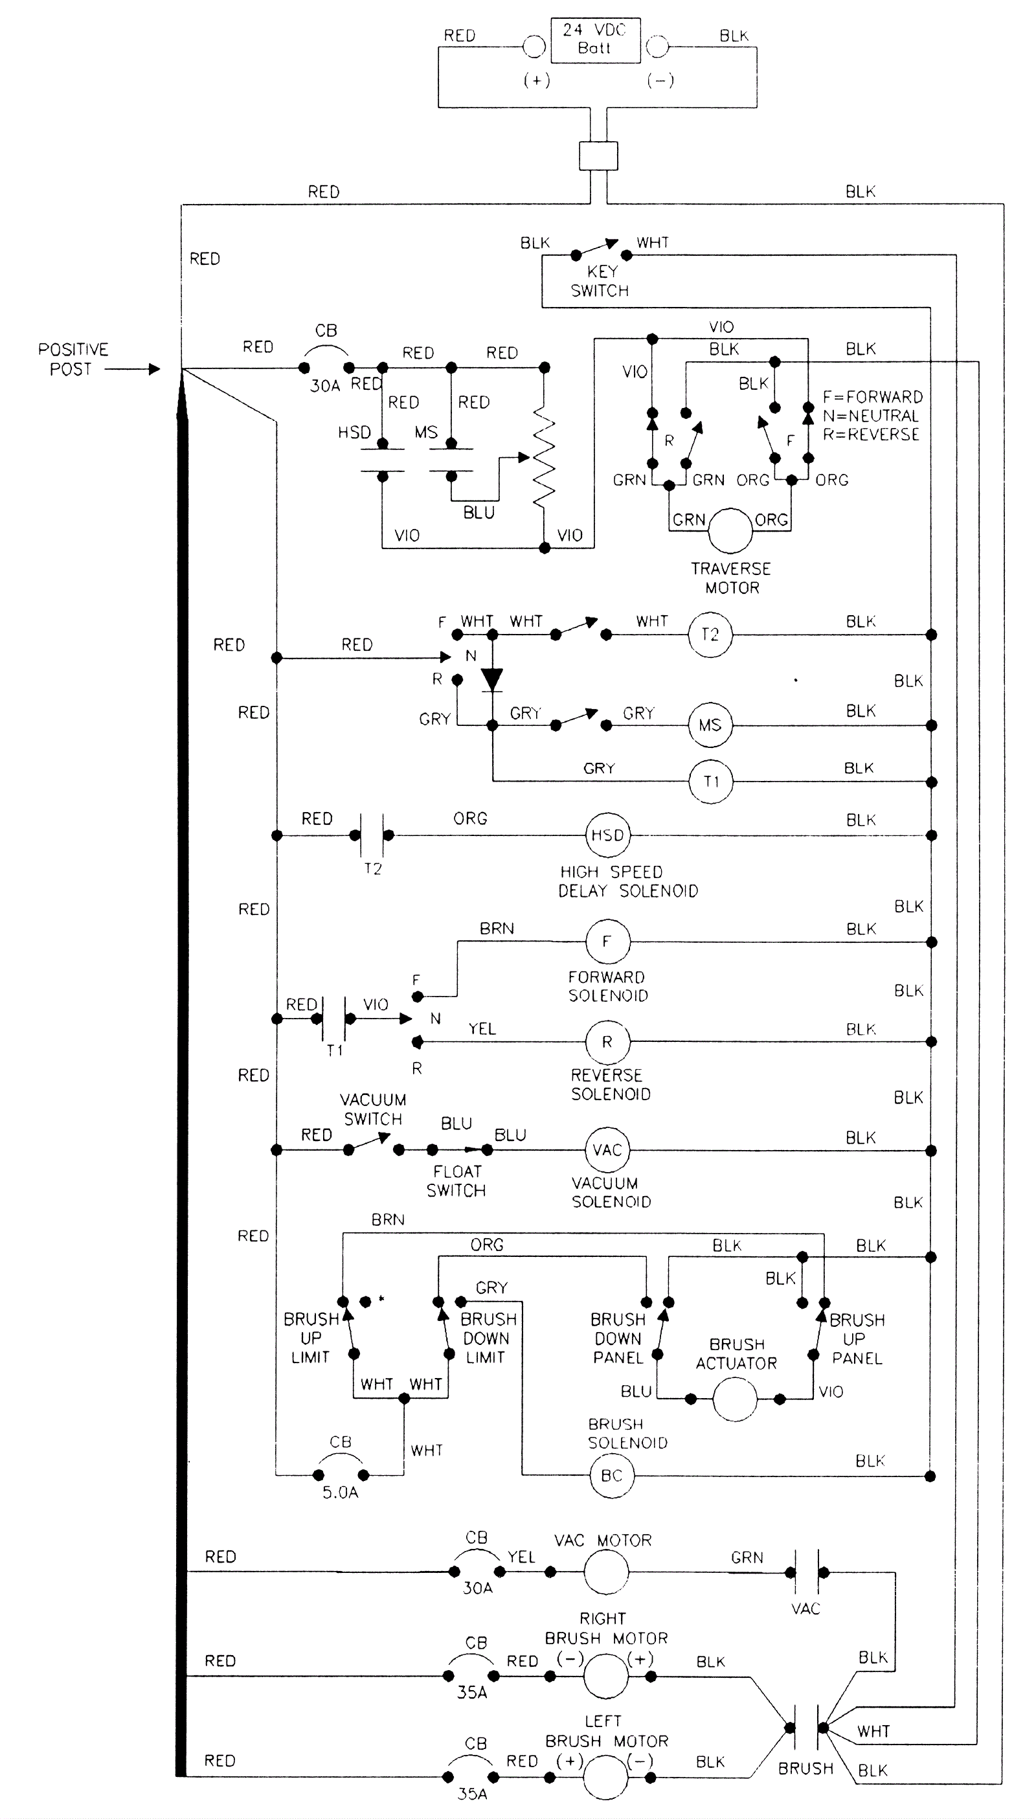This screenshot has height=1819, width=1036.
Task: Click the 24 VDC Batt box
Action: [x=595, y=40]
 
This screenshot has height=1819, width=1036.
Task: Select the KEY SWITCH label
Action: [x=600, y=281]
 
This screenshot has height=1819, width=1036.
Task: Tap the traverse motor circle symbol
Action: [x=730, y=530]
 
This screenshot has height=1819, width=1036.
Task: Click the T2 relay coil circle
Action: [x=710, y=635]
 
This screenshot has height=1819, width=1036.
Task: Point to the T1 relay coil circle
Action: [x=710, y=782]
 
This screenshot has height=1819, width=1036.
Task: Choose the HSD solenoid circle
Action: [x=607, y=835]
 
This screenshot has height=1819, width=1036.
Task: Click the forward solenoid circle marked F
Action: [x=607, y=942]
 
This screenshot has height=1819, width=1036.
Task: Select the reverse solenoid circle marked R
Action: [x=607, y=1042]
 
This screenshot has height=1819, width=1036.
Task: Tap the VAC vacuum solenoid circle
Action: [x=607, y=1150]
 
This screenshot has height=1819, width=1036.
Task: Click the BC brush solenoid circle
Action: [x=611, y=1476]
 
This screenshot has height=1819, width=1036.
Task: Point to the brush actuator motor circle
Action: [x=734, y=1399]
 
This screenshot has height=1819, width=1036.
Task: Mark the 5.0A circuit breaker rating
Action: [x=340, y=1493]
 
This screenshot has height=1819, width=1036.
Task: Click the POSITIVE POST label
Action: [x=73, y=359]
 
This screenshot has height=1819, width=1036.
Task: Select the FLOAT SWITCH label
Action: [x=456, y=1181]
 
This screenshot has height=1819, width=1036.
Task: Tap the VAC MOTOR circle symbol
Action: [x=606, y=1572]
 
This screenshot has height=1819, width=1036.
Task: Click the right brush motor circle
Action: [x=605, y=1676]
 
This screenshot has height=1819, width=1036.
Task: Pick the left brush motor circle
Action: [x=605, y=1777]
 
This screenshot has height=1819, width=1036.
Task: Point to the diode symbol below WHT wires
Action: [x=491, y=679]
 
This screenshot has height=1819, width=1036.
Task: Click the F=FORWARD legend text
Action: [x=872, y=397]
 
